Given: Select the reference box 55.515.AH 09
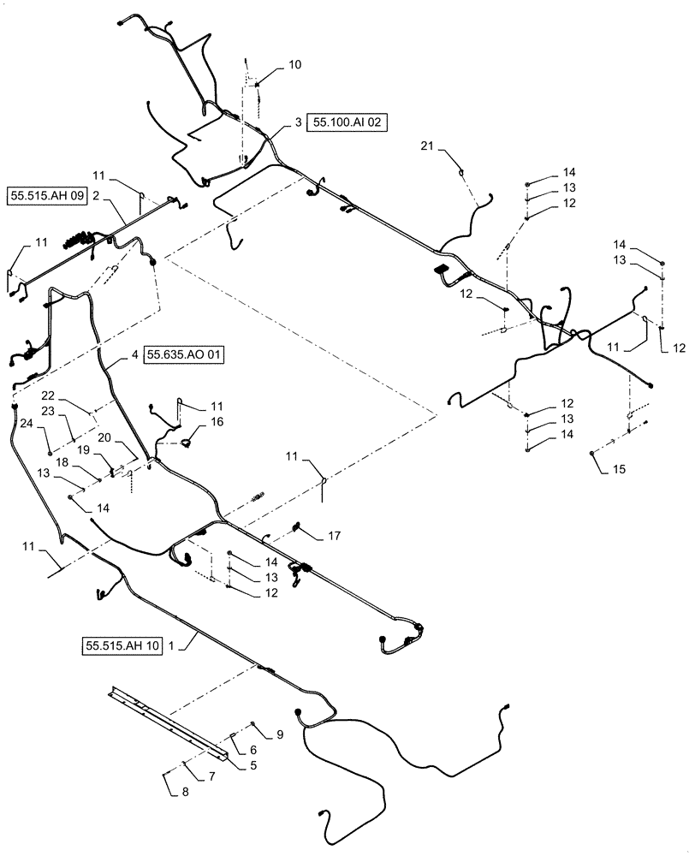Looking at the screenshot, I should [x=48, y=196].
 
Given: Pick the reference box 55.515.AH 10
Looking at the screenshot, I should [x=122, y=645].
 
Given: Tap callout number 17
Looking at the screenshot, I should [x=335, y=536].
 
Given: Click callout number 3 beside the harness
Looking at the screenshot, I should [x=297, y=123].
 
